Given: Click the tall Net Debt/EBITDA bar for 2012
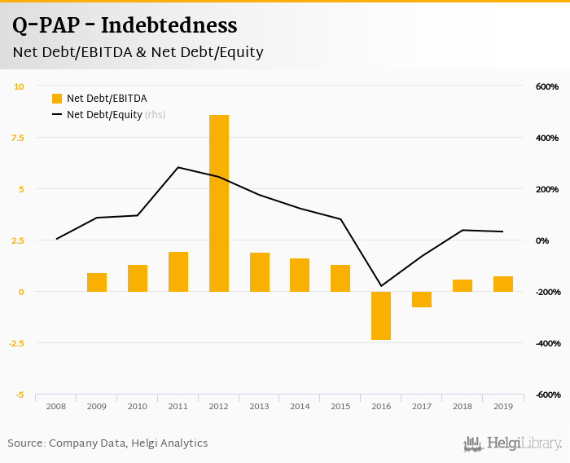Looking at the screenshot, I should coord(219,203).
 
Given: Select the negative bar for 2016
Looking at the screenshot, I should coord(381,315).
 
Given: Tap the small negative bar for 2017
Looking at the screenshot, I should coord(422,299).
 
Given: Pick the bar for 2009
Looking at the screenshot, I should coord(97,282).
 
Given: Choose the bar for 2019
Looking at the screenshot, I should coord(503,284).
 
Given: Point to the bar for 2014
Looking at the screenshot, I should coord(300,275).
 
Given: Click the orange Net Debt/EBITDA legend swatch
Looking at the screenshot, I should coord(57,99).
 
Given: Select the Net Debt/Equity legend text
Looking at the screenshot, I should coord(104,115).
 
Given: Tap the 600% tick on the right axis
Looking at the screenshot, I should coord(547,86).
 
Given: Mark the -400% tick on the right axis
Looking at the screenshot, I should coord(546,343).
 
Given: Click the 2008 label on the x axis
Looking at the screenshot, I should coord(56,405).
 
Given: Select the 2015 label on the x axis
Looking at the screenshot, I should coord(340,405).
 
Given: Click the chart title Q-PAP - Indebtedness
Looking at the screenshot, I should coord(125,26).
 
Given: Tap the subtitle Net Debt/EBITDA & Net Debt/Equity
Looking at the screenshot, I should coord(138,52).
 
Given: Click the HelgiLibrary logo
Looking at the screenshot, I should coord(513,443).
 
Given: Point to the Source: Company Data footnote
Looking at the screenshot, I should coord(107,443).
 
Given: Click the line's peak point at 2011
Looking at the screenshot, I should coord(178,167).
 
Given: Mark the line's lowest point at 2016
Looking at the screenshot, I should coord(381,286).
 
